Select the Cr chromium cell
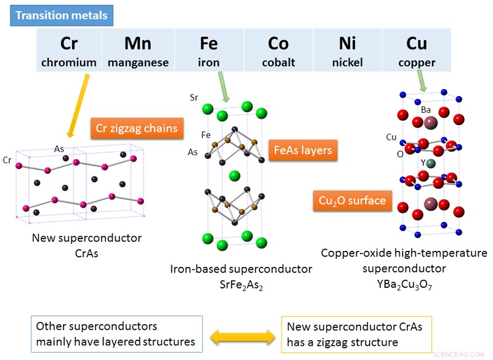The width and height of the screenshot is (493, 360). pos(69,50)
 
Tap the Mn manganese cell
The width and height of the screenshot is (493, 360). pos(138,50)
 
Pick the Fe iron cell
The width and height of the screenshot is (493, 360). pos(209,50)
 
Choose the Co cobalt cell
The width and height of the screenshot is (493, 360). pos(278,50)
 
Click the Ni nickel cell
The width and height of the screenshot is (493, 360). pos(347,50)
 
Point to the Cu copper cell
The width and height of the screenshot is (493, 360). pos(417,50)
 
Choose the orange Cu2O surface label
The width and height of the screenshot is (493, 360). pos(352,200)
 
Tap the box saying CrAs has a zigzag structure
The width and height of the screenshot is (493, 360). pos(356,333)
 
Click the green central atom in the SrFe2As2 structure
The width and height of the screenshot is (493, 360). pos(234,176)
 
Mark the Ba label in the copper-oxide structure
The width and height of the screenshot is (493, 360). pos(426,110)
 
